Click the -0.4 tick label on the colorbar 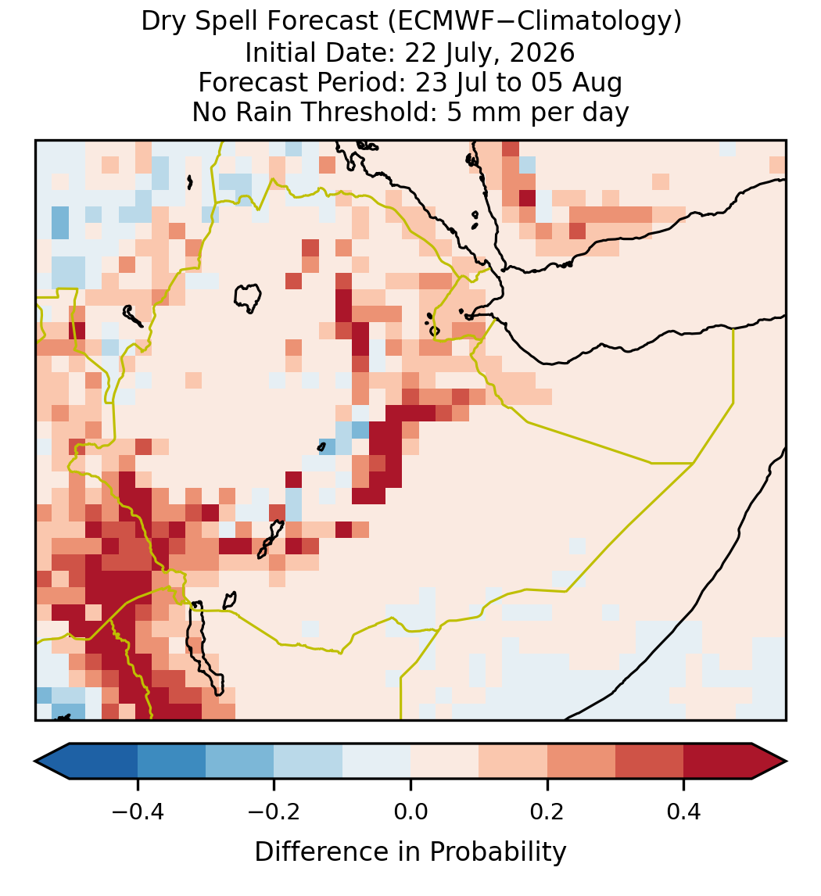point(137,811)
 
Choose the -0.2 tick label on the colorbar point(274,811)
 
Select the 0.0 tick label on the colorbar point(410,811)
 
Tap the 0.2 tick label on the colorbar point(547,811)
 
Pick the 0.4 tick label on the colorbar point(684,811)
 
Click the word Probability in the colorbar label point(497,852)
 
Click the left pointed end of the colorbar point(35,762)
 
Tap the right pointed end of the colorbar point(787,762)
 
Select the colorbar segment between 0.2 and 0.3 point(582,762)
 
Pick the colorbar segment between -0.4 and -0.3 point(171,762)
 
